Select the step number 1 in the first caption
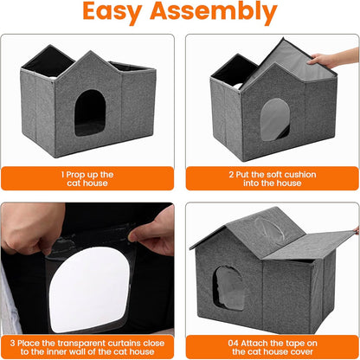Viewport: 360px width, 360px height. click(62, 174)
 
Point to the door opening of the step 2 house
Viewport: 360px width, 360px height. click(275, 119)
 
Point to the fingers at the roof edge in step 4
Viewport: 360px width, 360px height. click(355, 230)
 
